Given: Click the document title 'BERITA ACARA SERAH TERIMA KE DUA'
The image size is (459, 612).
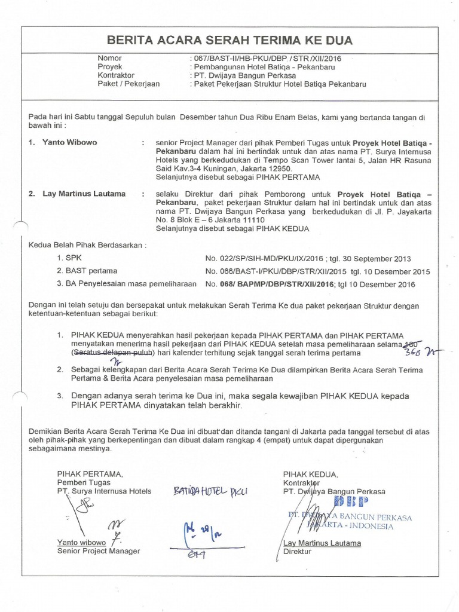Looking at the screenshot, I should tap(229, 40).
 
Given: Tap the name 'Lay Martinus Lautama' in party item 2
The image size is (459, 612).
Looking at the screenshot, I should tap(84, 194).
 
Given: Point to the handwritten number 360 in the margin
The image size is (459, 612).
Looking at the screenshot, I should tap(412, 353).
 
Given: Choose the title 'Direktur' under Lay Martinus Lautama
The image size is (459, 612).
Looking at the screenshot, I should tap(298, 552).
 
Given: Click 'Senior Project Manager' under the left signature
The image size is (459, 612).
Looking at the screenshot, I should tap(99, 551).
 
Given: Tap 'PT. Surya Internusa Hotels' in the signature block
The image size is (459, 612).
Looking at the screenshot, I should tap(104, 491).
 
